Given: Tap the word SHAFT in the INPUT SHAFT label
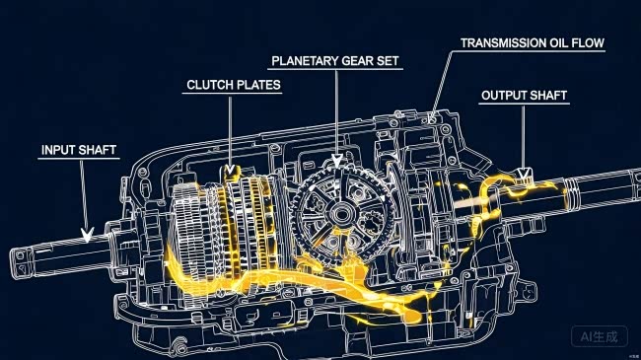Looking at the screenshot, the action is tap(97, 150).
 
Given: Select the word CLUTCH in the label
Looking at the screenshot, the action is tap(206, 85).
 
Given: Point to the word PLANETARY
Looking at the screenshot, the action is tap(305, 61).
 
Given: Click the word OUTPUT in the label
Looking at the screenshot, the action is tap(502, 96).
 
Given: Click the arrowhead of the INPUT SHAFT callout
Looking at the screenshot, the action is tap(87, 235).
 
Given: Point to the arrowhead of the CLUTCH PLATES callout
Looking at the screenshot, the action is tap(230, 169).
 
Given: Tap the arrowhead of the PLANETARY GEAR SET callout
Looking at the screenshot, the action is tap(337, 161).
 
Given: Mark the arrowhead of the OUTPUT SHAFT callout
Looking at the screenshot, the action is tap(524, 174).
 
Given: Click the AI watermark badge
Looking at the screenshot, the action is tap(600, 336).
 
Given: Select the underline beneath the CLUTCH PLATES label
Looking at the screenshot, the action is tap(232, 94).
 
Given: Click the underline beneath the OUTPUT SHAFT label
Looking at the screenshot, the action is tap(524, 104).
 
